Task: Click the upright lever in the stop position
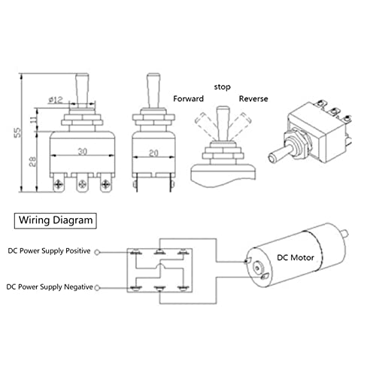223,120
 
